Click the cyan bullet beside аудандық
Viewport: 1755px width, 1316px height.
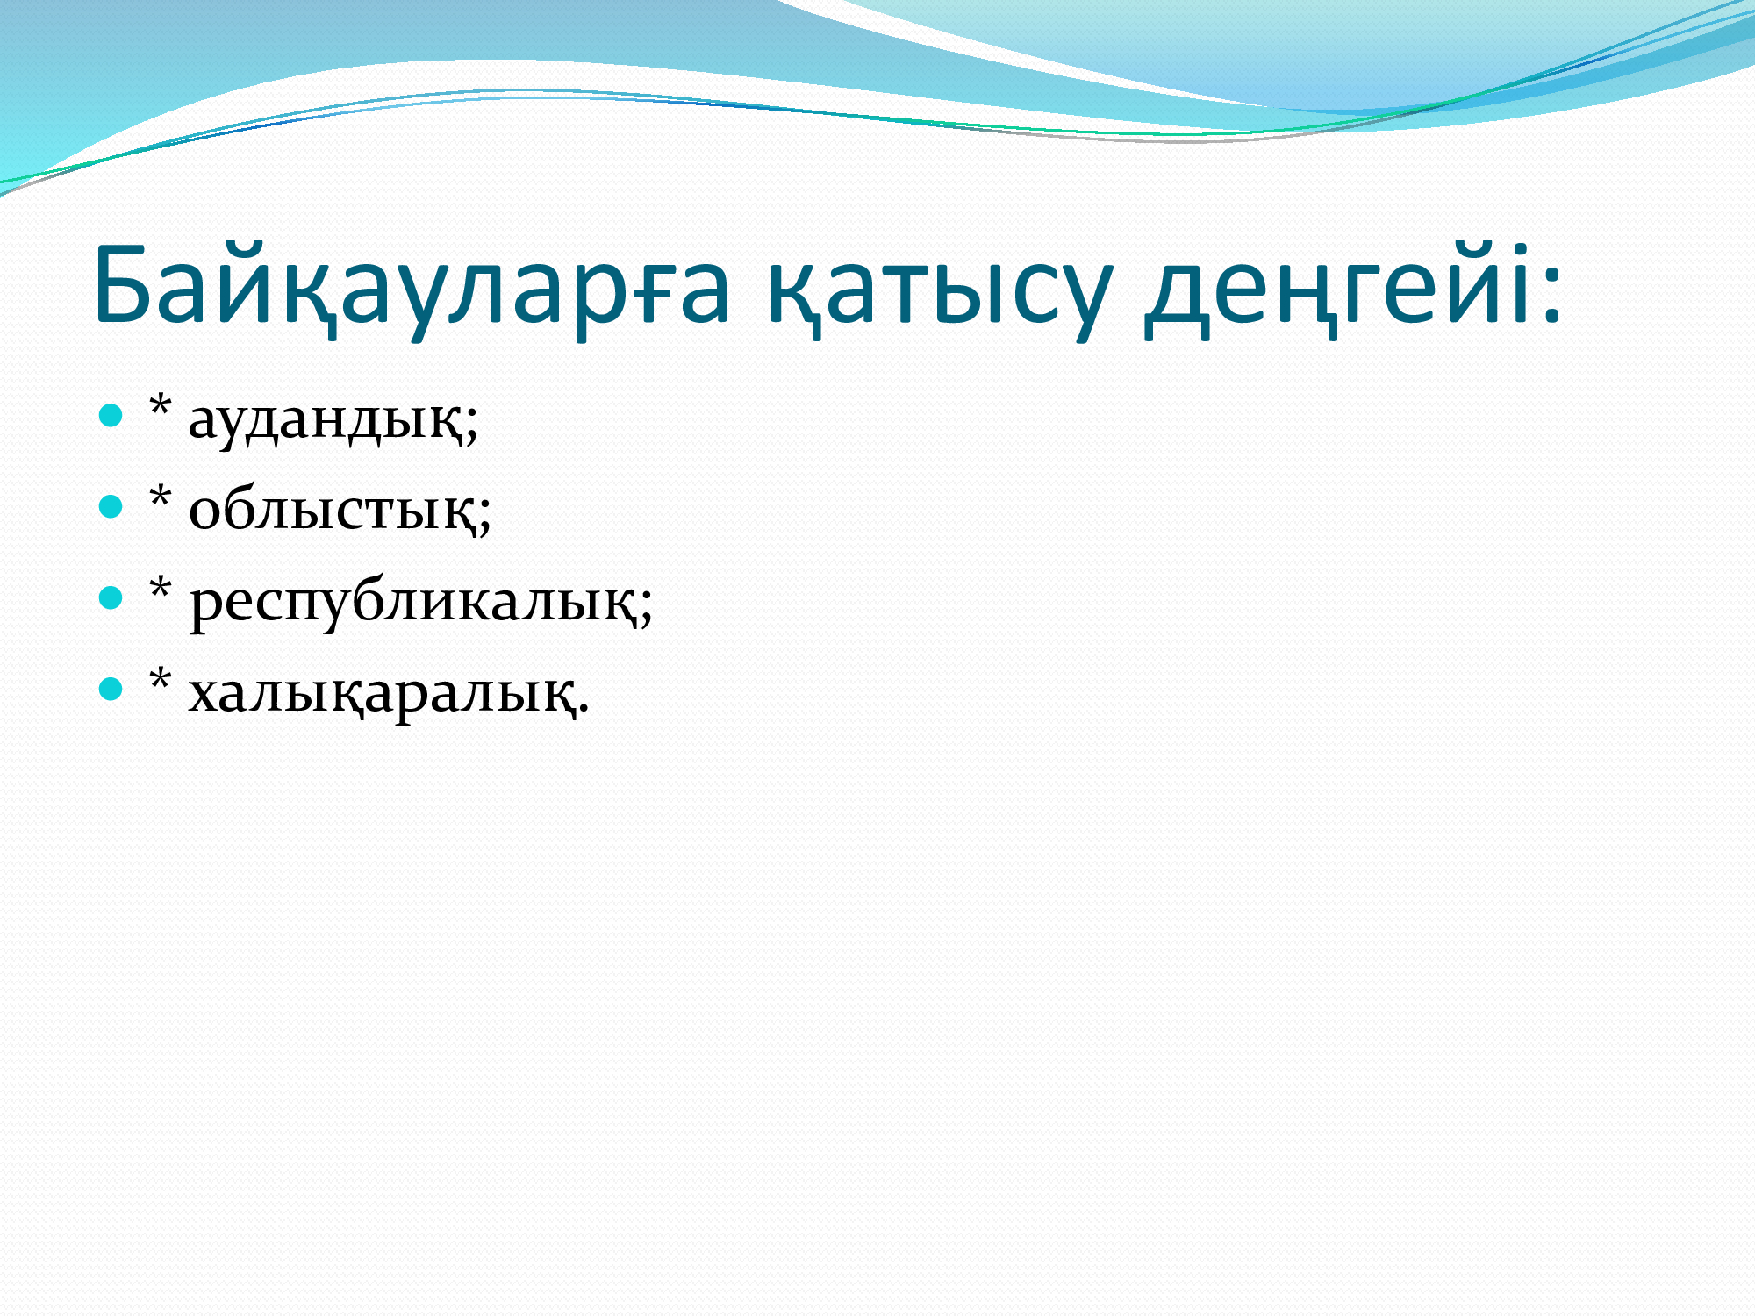[x=111, y=415]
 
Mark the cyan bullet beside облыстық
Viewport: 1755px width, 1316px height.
[x=111, y=506]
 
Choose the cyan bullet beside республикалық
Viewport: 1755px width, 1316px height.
[x=111, y=597]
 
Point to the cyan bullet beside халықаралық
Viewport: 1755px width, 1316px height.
[x=111, y=689]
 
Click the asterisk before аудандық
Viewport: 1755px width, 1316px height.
[x=160, y=406]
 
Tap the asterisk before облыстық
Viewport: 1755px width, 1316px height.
[x=160, y=497]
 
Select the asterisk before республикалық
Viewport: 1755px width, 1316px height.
[x=160, y=589]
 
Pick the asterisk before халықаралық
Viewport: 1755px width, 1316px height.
[x=160, y=680]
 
